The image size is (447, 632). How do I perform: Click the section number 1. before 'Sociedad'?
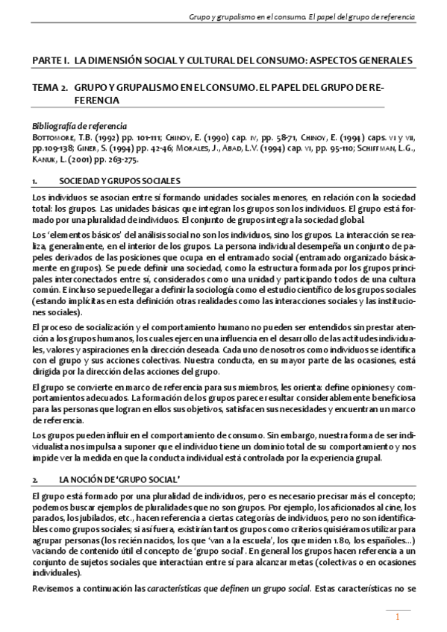[x=35, y=182]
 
